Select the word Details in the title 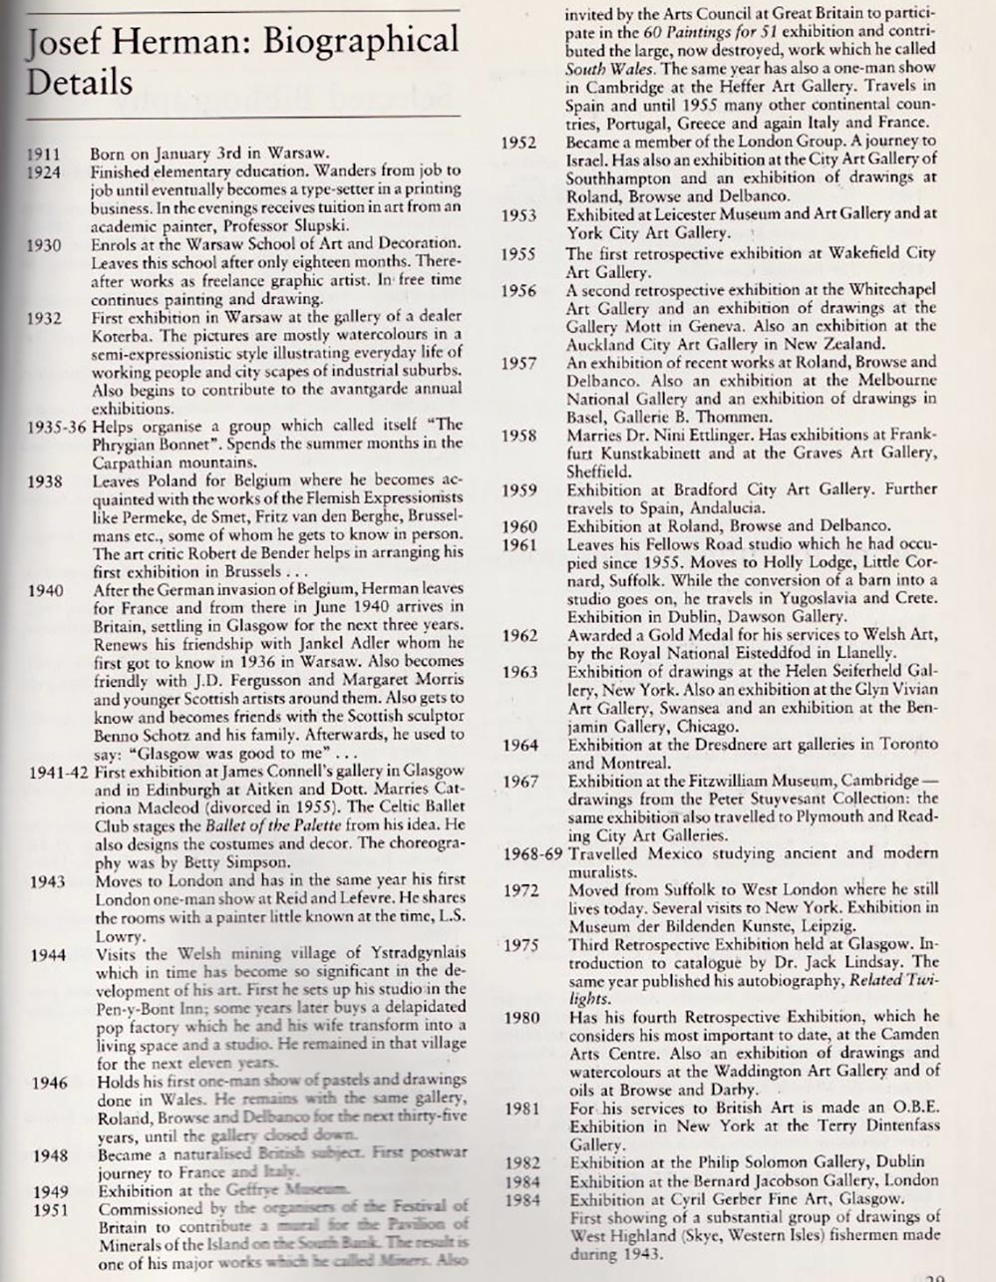point(79,82)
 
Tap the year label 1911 point(43,155)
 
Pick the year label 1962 point(519,635)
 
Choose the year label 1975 point(520,945)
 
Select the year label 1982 point(521,1162)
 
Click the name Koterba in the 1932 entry point(122,336)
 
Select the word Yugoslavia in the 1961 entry point(790,599)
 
